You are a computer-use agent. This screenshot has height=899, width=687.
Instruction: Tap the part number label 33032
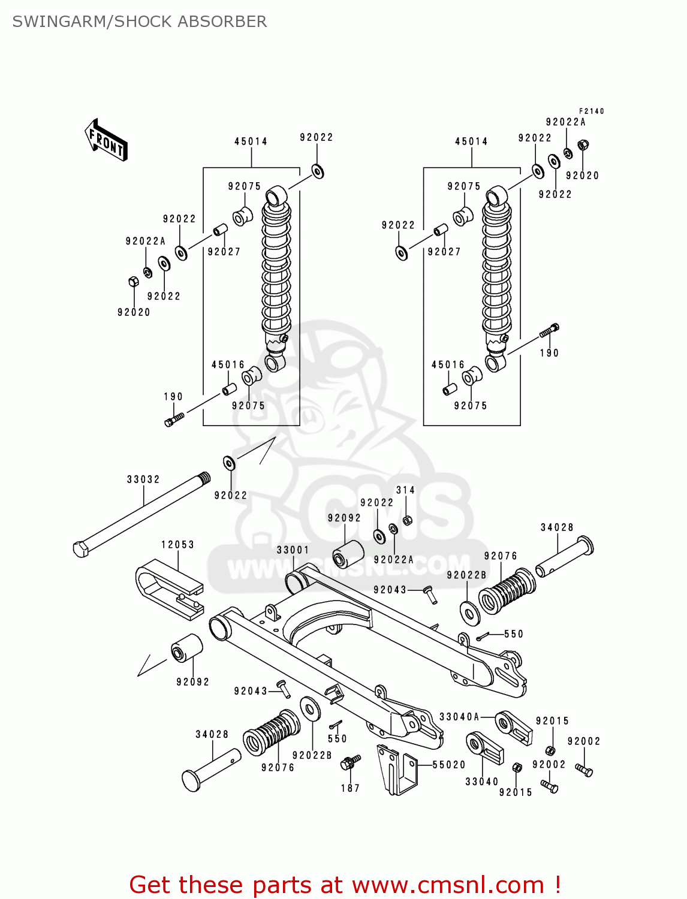tap(143, 479)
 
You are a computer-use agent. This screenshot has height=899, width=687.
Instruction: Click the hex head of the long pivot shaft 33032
tap(80, 548)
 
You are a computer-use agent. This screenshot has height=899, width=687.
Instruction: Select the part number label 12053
tap(177, 545)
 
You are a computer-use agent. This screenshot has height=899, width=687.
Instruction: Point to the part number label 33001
tap(293, 550)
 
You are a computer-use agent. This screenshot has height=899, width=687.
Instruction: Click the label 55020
tap(449, 765)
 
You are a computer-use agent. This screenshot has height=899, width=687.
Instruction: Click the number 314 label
tap(405, 490)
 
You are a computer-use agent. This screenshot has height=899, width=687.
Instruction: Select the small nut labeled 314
tap(407, 520)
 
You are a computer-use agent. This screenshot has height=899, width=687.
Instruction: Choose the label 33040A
tap(459, 717)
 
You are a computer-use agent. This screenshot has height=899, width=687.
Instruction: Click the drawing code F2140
tap(591, 111)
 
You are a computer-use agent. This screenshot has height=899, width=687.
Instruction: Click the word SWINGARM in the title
tap(58, 22)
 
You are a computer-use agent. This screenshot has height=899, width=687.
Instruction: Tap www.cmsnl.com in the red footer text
tap(447, 885)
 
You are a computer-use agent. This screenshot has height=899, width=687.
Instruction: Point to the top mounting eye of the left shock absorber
tap(276, 195)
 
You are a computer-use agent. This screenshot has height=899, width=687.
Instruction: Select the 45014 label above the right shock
tap(471, 141)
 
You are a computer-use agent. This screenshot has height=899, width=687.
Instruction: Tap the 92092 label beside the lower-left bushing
tap(192, 682)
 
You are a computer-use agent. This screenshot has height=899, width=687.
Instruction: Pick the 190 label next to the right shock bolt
tap(549, 354)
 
